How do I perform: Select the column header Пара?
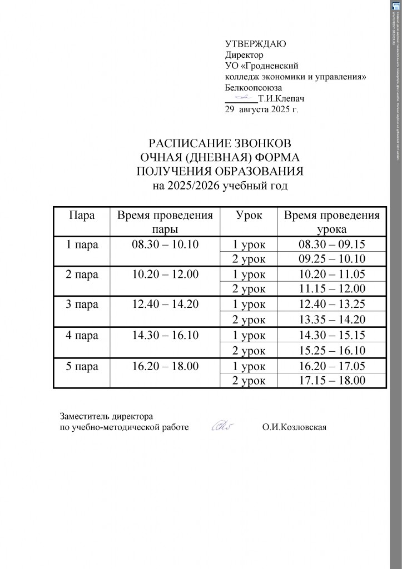[81, 216]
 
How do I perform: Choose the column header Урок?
[249, 216]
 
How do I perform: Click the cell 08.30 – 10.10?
[165, 244]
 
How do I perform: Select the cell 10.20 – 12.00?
[165, 274]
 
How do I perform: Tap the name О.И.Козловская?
[294, 427]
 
